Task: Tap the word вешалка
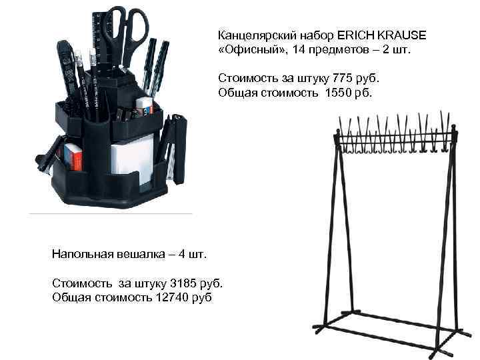click(x=139, y=254)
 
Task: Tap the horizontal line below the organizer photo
click(x=110, y=214)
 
